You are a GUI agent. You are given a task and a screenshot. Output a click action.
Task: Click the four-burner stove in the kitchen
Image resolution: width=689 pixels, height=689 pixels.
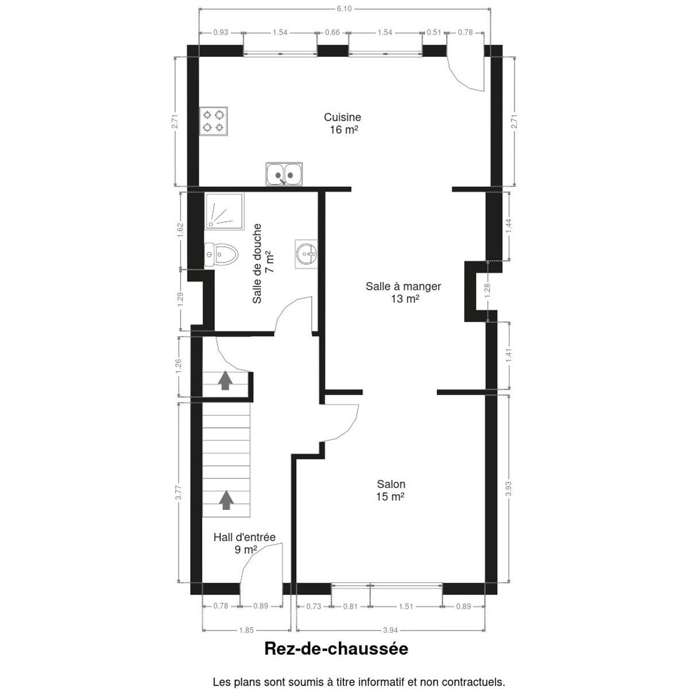(214, 121)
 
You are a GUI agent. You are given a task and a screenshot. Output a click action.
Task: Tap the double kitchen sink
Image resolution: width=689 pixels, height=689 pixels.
(284, 174)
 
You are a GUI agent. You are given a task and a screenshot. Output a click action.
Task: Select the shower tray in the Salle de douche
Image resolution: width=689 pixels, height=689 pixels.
(224, 211)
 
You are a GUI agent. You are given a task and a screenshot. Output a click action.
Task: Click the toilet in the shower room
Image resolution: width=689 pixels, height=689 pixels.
(221, 254)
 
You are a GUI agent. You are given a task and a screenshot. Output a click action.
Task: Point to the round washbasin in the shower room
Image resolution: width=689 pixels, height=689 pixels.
(307, 254)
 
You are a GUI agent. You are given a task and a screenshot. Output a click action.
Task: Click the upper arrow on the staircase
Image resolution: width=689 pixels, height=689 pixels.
(225, 380)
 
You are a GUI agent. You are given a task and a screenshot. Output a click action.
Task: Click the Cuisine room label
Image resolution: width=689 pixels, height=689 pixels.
(343, 123)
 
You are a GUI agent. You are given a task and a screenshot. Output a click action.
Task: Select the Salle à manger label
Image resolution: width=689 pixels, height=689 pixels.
(403, 292)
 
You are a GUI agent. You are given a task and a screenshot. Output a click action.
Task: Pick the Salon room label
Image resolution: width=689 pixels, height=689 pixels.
(391, 490)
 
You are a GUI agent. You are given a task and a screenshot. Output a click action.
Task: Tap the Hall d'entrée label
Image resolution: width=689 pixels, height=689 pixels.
(245, 544)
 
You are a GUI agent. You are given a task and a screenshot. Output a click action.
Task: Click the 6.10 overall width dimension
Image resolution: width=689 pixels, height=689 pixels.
(344, 9)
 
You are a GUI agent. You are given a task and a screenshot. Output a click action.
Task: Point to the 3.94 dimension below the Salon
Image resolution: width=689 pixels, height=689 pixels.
(390, 630)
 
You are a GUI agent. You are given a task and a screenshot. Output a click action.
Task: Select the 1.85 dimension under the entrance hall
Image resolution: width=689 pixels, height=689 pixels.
(246, 630)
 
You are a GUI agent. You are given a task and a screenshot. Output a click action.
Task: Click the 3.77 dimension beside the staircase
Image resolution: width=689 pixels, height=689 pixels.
(180, 492)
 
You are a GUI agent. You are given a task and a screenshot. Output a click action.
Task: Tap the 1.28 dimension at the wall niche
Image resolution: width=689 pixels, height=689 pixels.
(487, 291)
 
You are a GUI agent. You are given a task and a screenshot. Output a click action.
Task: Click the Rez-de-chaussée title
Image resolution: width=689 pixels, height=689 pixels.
(336, 658)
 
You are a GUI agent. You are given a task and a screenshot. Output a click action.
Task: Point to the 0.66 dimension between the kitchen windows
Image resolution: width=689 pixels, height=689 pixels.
(332, 33)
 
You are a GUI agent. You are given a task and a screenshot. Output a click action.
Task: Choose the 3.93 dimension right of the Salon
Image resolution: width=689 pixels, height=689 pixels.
(509, 489)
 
